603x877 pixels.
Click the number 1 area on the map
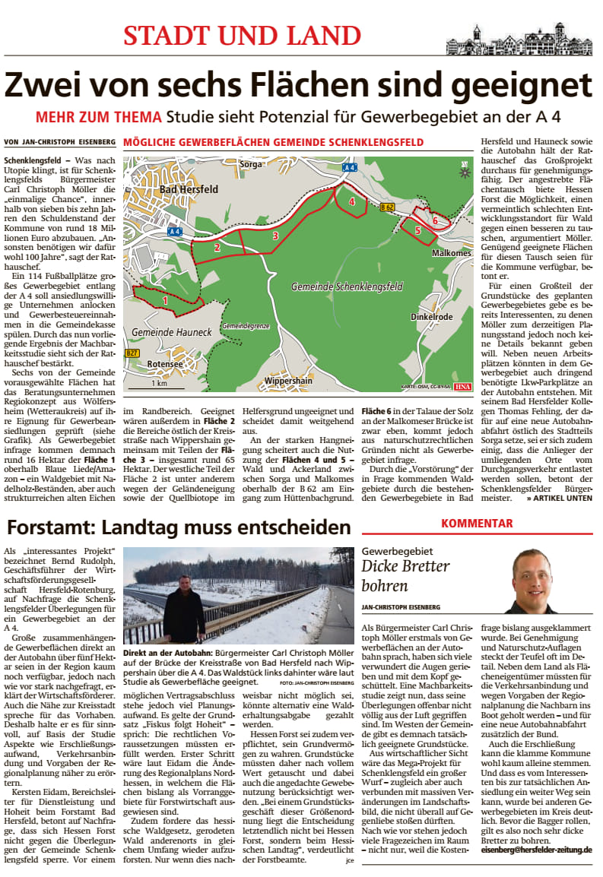click(x=165, y=301)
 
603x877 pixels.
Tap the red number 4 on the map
click(x=351, y=201)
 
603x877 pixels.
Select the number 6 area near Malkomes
click(x=434, y=220)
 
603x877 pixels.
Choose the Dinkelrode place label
click(x=431, y=316)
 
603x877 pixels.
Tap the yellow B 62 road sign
click(x=388, y=206)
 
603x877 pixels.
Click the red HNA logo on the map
click(x=463, y=386)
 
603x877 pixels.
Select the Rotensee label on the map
click(x=165, y=364)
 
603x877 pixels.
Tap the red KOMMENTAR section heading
click(x=478, y=523)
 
